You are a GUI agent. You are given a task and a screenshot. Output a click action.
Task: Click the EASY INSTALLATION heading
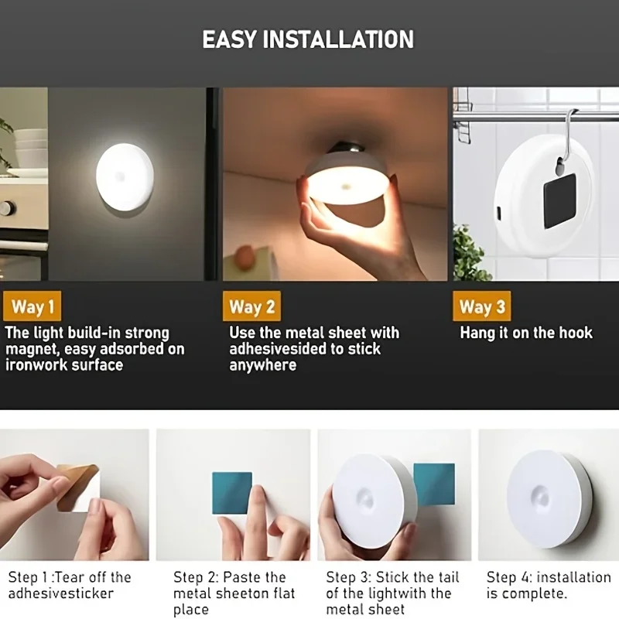(308, 39)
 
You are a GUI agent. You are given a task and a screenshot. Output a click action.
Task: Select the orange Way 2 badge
(251, 306)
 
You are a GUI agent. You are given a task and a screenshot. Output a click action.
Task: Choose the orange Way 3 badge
(482, 306)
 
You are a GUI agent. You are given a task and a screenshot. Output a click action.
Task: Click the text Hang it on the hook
(526, 333)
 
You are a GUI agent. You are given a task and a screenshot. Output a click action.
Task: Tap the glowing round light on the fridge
(125, 176)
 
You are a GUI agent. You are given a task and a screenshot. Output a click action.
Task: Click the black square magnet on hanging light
(559, 200)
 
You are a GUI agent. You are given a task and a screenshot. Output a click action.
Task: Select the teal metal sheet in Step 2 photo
(232, 493)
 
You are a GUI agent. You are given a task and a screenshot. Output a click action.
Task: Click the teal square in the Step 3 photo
(434, 484)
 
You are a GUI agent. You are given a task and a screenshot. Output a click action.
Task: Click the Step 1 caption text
(70, 585)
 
